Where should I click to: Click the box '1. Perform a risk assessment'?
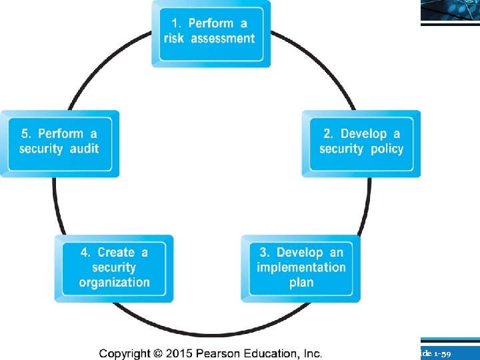pos(211,33)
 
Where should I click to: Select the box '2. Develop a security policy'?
pos(361,143)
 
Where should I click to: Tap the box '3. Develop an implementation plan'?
pos(301,267)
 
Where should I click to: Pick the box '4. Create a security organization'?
pos(114,267)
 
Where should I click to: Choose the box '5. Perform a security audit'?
pos(59,143)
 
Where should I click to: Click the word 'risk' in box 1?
pos(175,39)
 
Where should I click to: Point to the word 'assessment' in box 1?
pos(223,39)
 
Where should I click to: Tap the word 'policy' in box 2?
pos(387,149)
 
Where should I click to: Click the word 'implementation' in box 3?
pos(301,267)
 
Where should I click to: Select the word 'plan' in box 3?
pos(301,283)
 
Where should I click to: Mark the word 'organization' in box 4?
pos(114,283)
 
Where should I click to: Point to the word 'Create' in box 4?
pos(116,253)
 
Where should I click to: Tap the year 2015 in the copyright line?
pos(178,353)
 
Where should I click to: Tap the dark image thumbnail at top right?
pos(450,11)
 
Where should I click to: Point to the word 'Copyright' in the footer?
pos(125,353)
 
